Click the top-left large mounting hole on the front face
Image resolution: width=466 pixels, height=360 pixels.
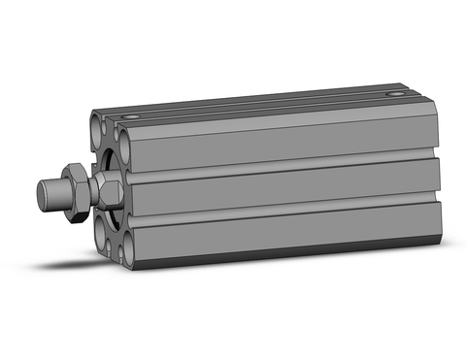(98, 127)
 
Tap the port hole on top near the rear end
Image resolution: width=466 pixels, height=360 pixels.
(393, 94)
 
